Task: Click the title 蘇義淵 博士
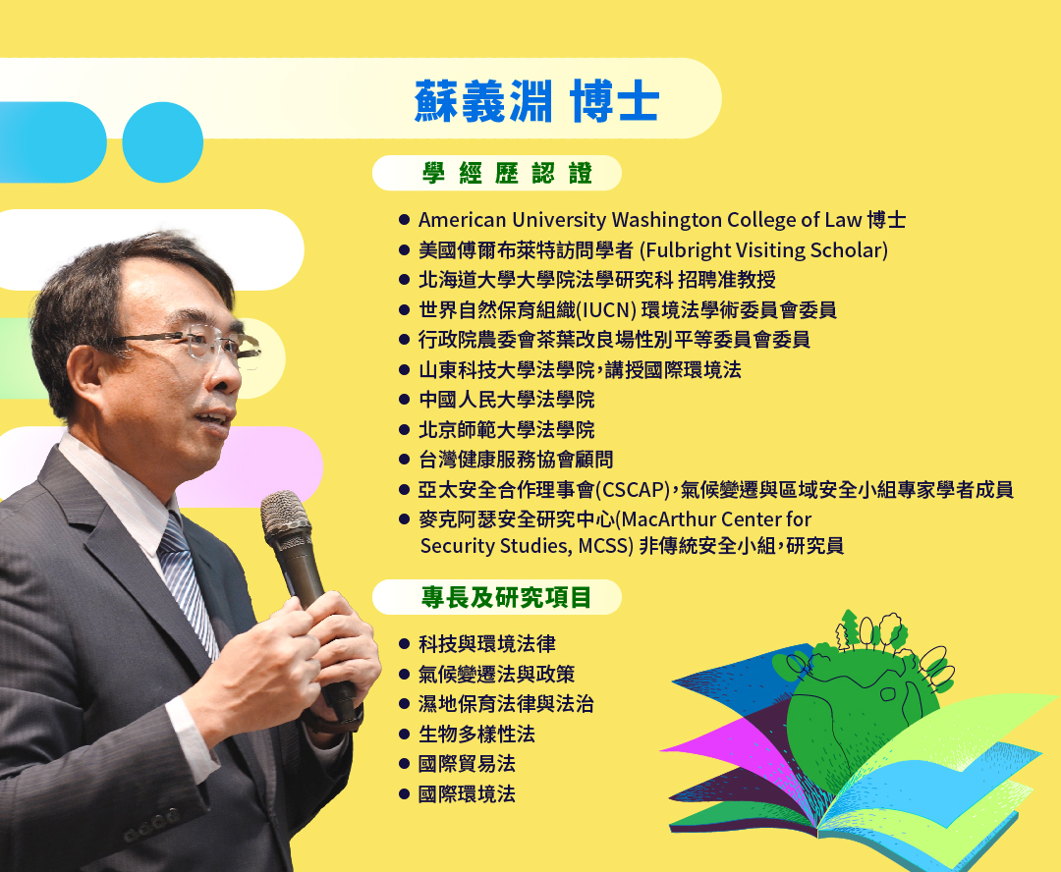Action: [536, 101]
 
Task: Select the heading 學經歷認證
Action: [508, 173]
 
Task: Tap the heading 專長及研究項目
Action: [506, 597]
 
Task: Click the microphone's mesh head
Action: [287, 517]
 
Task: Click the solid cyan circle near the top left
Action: [162, 142]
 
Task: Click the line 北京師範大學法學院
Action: [507, 429]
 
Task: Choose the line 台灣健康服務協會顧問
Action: [517, 460]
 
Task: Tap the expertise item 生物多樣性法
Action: [477, 734]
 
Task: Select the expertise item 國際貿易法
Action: [467, 764]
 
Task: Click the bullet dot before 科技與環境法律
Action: [405, 644]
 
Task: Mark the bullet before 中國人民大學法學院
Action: [405, 400]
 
